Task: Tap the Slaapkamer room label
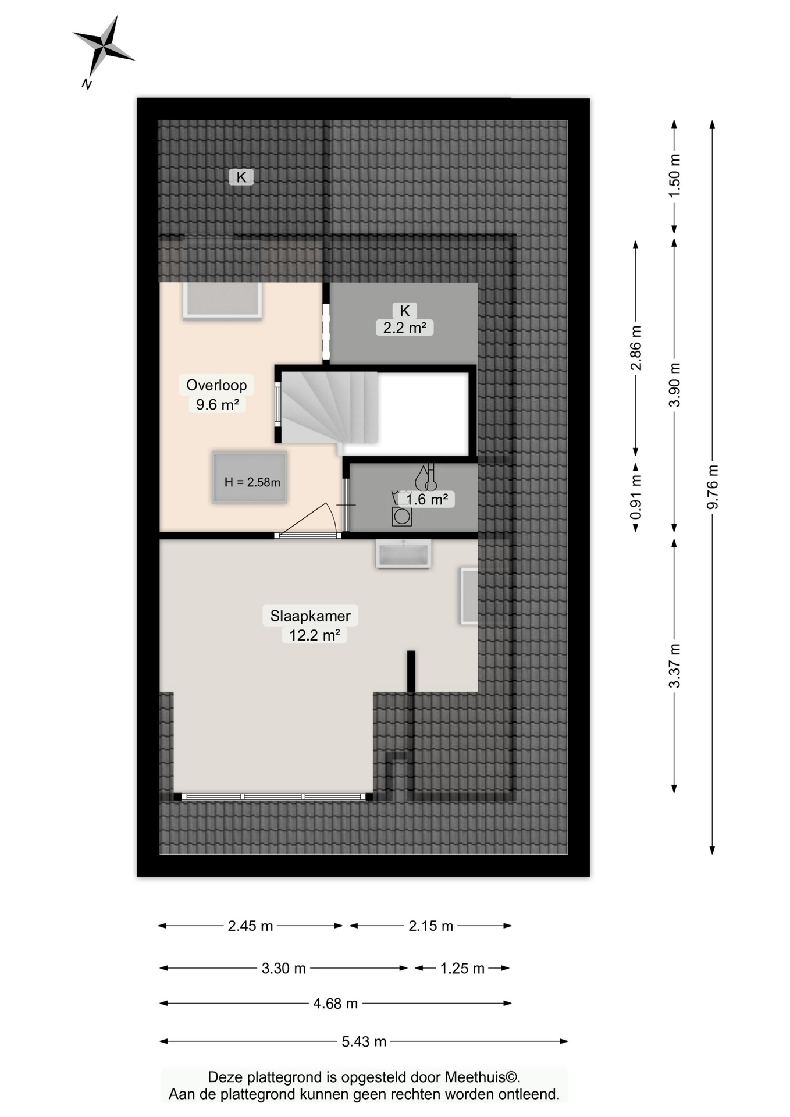[x=310, y=616]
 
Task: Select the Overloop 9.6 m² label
[x=216, y=394]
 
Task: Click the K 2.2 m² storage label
[x=404, y=319]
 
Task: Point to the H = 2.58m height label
[x=252, y=482]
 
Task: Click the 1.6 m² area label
[x=426, y=499]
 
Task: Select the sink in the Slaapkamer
[x=403, y=553]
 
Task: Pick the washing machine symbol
[x=401, y=516]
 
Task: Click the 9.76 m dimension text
[x=713, y=487]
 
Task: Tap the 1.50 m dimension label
[x=674, y=176]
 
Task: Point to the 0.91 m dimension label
[x=636, y=497]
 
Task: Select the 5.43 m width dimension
[x=364, y=1041]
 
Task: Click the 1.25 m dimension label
[x=462, y=968]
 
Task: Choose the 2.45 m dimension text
[x=250, y=926]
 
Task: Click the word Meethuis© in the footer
[x=482, y=1077]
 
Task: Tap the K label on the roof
[x=241, y=177]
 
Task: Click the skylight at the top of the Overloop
[x=222, y=300]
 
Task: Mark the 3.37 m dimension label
[x=674, y=666]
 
